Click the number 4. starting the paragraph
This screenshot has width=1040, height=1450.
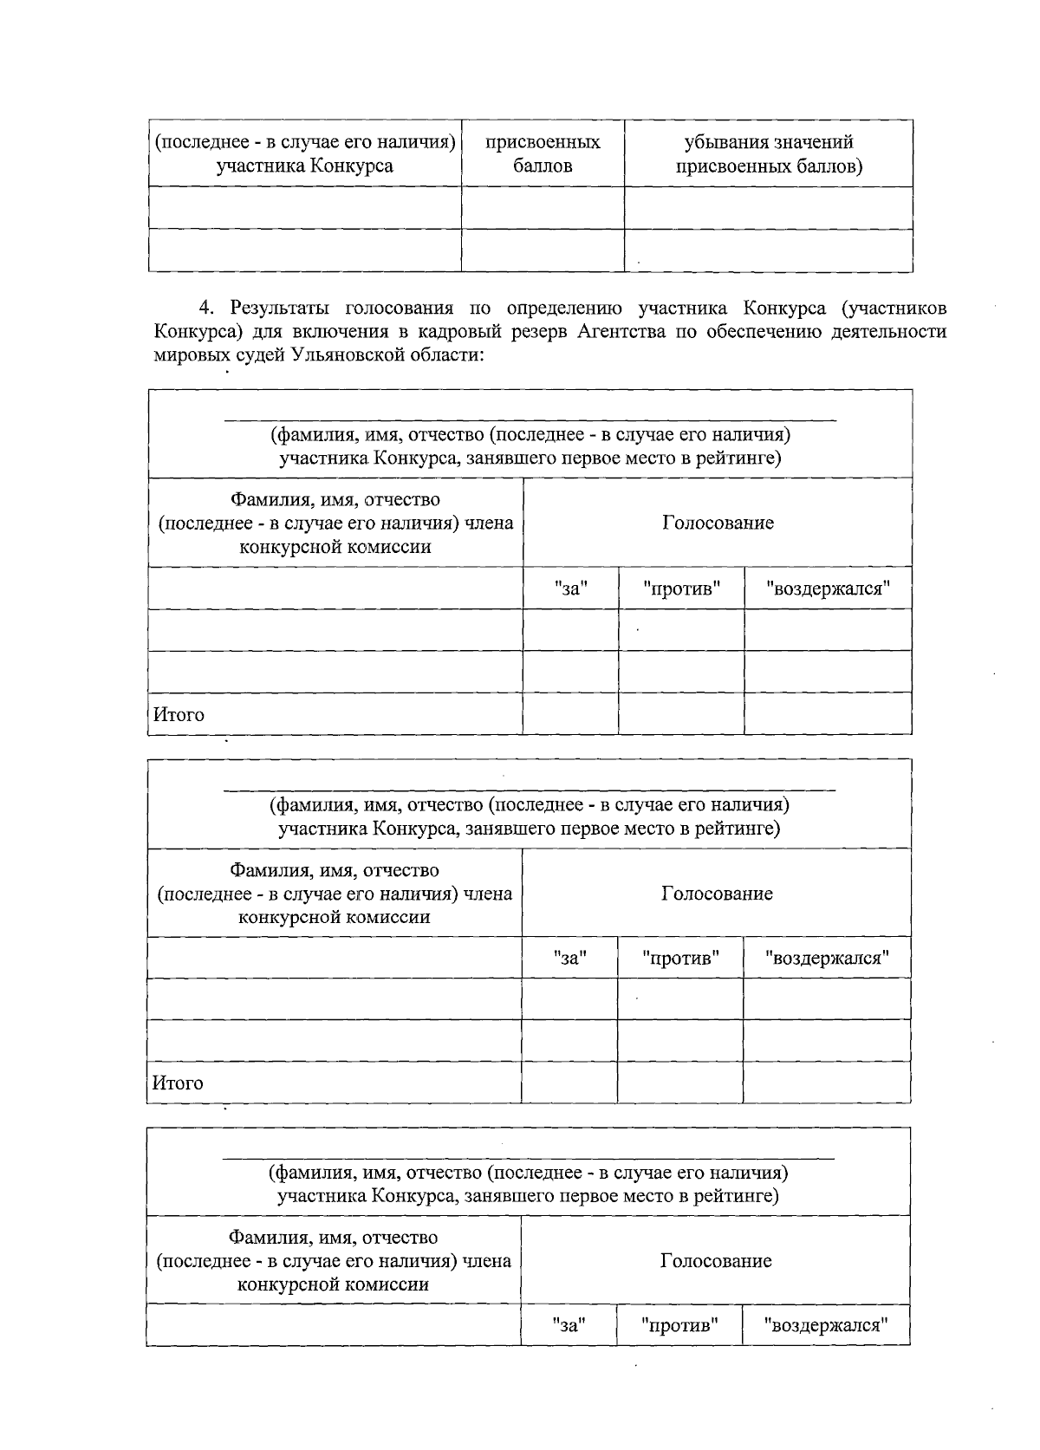click(206, 309)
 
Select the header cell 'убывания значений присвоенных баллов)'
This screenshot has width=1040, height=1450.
click(768, 153)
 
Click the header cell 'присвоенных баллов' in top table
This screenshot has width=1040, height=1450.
click(543, 153)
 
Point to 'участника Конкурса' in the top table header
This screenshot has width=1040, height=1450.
click(304, 166)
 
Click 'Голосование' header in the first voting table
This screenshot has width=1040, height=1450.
click(718, 523)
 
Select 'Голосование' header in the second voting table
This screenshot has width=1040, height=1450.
click(717, 894)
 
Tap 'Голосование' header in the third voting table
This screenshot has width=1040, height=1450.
click(716, 1261)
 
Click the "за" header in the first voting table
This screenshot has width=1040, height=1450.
click(571, 588)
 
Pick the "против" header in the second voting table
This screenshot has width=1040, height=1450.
click(680, 959)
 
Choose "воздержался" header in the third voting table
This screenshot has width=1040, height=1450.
click(825, 1325)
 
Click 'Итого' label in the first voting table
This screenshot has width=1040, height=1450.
click(179, 715)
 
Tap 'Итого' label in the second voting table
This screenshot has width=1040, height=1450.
click(178, 1083)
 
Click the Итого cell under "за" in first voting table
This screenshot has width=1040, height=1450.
click(570, 713)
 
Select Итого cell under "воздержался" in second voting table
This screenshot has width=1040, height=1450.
click(826, 1083)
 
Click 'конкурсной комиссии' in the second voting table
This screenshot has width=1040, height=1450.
click(334, 917)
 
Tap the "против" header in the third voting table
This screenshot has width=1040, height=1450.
click(679, 1325)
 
